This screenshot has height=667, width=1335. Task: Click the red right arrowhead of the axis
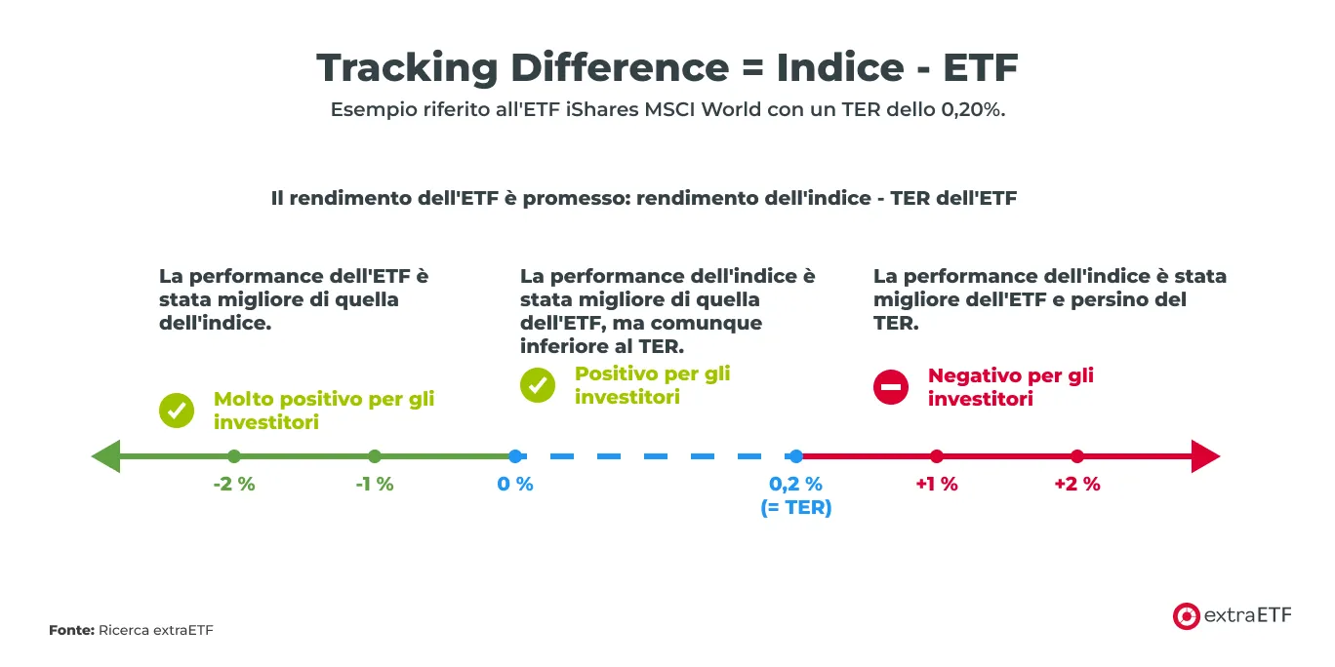point(1206,456)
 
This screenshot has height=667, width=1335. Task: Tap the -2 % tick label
point(234,484)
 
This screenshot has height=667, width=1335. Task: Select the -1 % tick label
point(375,484)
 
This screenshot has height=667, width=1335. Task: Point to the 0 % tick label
point(515,484)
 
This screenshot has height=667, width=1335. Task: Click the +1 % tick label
point(937,484)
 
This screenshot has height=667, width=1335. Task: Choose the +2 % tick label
point(1077,484)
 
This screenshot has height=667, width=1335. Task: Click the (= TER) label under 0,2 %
point(796,507)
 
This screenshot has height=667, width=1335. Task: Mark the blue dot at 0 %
point(515,456)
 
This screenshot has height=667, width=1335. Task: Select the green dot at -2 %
point(234,456)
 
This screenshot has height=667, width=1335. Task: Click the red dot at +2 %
point(1077,456)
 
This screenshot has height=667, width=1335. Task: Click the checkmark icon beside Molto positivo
point(177,411)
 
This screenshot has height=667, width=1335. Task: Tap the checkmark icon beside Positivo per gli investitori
point(538,385)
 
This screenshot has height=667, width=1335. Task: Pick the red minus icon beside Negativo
point(891,387)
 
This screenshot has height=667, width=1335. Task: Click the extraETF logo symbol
point(1186,615)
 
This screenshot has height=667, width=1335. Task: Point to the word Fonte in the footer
point(71,631)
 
